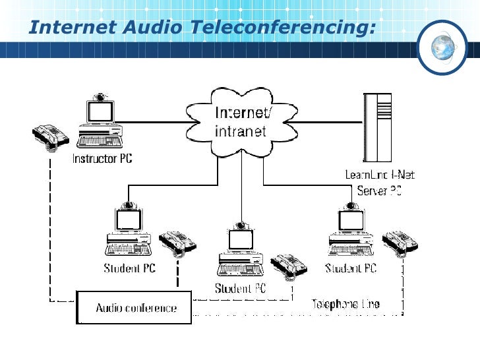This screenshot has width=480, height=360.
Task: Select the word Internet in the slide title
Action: tap(72, 28)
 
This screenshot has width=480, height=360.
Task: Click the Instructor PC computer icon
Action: tap(100, 123)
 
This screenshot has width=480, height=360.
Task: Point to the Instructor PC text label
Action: tap(102, 159)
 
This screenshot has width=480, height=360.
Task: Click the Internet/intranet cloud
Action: tap(241, 123)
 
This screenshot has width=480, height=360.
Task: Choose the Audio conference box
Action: tap(135, 307)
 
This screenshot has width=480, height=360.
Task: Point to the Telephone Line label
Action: tap(345, 304)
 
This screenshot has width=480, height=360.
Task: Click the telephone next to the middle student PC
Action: tap(288, 265)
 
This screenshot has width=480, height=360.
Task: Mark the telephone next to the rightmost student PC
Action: tap(401, 243)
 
